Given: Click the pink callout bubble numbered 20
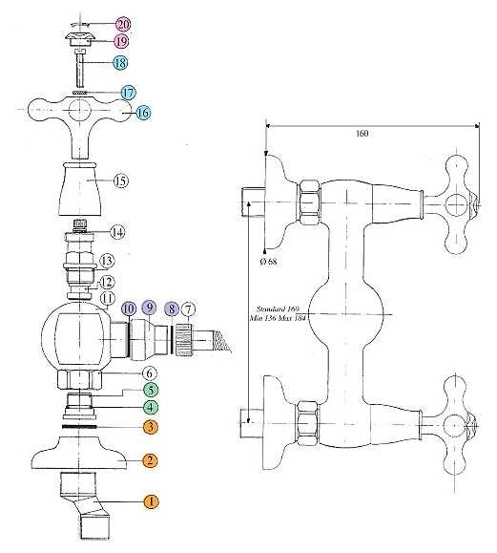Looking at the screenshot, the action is point(123,25).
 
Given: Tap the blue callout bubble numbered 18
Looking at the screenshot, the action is point(120,63).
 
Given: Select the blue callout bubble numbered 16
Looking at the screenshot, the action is point(143,113).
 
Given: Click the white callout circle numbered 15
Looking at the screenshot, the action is point(121,181).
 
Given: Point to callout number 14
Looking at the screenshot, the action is point(117,232).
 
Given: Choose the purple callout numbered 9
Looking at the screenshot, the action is point(150,308).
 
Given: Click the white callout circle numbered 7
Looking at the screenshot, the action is point(189,310).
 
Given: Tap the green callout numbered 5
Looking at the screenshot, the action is point(151,390).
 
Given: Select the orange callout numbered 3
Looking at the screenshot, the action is point(151,427).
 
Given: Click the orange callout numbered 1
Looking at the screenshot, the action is point(152,501).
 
